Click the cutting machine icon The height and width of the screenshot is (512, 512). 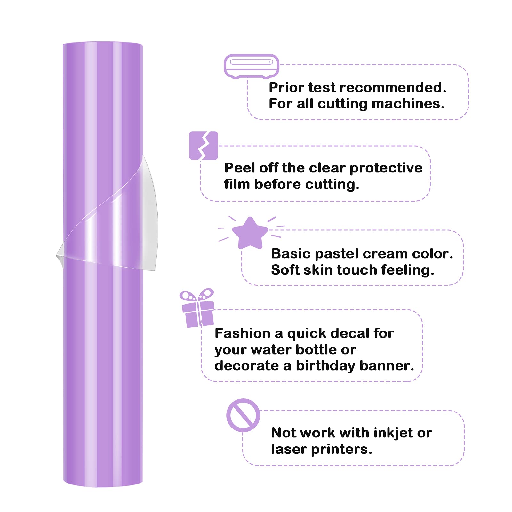(x=251, y=66)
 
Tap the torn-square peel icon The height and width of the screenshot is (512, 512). (x=204, y=146)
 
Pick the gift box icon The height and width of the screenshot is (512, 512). (x=197, y=308)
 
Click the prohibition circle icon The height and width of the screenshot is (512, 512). (x=243, y=415)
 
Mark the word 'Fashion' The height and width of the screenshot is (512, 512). (x=243, y=333)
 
